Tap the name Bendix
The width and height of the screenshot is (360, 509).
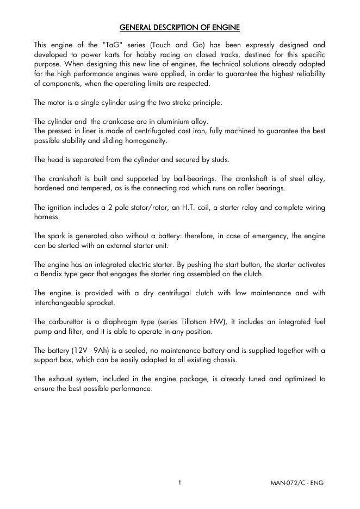point(50,274)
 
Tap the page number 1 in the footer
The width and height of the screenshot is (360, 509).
point(179,482)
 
